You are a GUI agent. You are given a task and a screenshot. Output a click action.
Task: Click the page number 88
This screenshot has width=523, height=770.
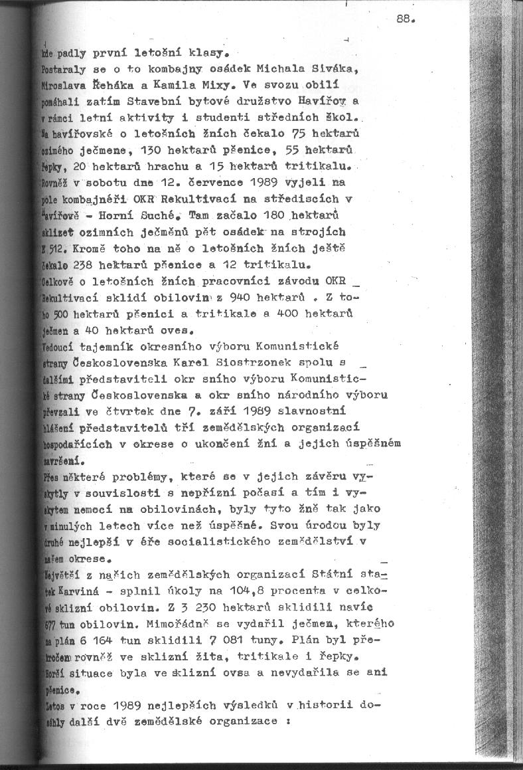(x=404, y=19)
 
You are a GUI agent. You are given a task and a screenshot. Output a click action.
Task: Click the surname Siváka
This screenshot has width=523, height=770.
(x=336, y=68)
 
